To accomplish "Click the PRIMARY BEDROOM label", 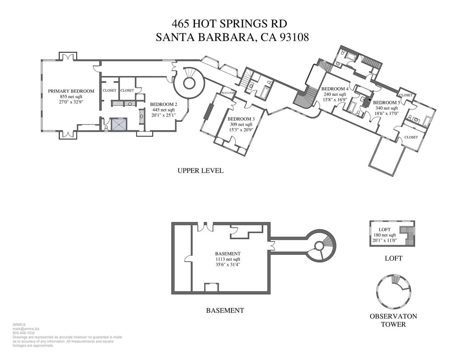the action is click(x=71, y=91).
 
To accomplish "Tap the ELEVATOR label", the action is click(x=228, y=93).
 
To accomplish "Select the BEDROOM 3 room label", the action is click(x=241, y=119).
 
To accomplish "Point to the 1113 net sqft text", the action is click(x=228, y=259).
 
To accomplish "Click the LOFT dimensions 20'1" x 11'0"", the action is click(x=384, y=240).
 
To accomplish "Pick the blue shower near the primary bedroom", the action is click(x=119, y=124).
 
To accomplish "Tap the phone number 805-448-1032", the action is click(x=24, y=333).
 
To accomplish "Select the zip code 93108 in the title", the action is click(x=295, y=37).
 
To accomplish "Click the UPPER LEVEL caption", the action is click(x=201, y=171).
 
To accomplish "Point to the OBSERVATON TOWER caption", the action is click(x=393, y=320).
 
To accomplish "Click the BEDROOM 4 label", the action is click(x=335, y=89).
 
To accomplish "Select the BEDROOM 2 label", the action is click(x=163, y=104).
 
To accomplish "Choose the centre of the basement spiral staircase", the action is click(x=319, y=245).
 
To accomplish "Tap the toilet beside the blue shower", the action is click(x=106, y=128).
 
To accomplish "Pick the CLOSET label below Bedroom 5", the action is click(x=411, y=137).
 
